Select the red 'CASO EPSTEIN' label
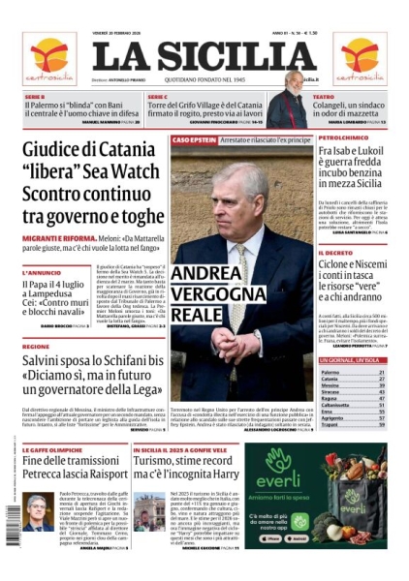click(x=193, y=140)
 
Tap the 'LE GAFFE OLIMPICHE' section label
click(x=49, y=452)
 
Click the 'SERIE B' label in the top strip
click(x=35, y=97)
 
